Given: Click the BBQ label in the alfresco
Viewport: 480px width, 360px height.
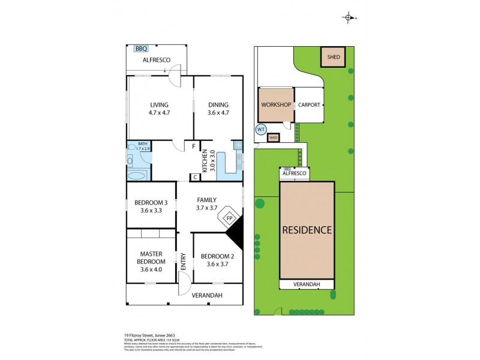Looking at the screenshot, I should click(x=141, y=49).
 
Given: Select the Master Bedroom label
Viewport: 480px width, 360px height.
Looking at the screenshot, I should click(x=151, y=257).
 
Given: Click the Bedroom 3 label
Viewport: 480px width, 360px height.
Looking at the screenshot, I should click(x=151, y=202).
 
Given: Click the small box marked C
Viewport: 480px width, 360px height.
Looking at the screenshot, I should click(x=194, y=177).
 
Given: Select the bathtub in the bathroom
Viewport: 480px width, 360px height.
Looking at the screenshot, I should click(x=137, y=176).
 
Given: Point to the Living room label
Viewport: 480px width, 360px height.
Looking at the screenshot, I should click(x=160, y=104).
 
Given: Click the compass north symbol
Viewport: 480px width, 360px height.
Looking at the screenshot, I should click(x=348, y=18).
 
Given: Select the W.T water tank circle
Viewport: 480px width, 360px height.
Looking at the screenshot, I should click(x=261, y=129).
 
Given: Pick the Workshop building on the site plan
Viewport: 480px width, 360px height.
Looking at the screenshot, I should click(x=276, y=105).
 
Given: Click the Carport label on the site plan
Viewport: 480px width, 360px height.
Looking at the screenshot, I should click(x=310, y=105).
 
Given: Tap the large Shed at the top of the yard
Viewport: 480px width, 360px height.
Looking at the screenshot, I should click(x=334, y=58).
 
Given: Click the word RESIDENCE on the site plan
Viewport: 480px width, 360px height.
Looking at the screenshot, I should click(x=307, y=230).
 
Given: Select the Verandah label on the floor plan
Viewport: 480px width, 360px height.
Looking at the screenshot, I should click(x=207, y=295).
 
